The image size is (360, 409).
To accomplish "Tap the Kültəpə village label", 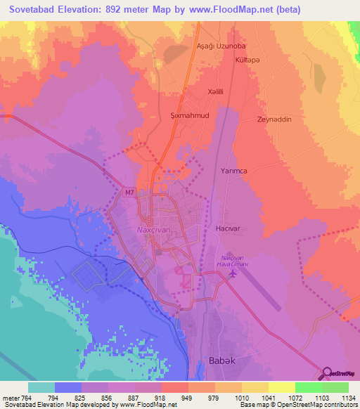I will click(x=248, y=60).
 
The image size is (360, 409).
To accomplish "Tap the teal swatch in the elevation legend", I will click(x=41, y=387).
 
